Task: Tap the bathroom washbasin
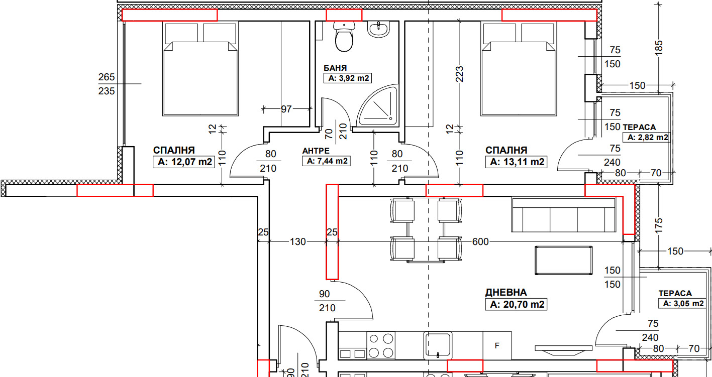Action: pyautogui.click(x=378, y=29)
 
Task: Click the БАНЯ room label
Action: pyautogui.click(x=335, y=68)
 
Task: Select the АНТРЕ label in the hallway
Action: pyautogui.click(x=316, y=151)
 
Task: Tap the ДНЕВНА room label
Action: pyautogui.click(x=506, y=292)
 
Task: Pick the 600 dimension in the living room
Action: pyautogui.click(x=480, y=241)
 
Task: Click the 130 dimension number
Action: pyautogui.click(x=297, y=241)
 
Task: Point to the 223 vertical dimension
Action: pyautogui.click(x=460, y=74)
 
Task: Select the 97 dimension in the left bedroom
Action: pyautogui.click(x=286, y=109)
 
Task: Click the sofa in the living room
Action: pyautogui.click(x=564, y=215)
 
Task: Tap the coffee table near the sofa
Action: pyautogui.click(x=564, y=261)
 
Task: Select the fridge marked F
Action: pyautogui.click(x=497, y=345)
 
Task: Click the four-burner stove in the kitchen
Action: pyautogui.click(x=381, y=345)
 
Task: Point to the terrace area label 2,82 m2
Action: pyautogui.click(x=648, y=138)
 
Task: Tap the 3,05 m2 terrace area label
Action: pyautogui.click(x=683, y=304)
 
